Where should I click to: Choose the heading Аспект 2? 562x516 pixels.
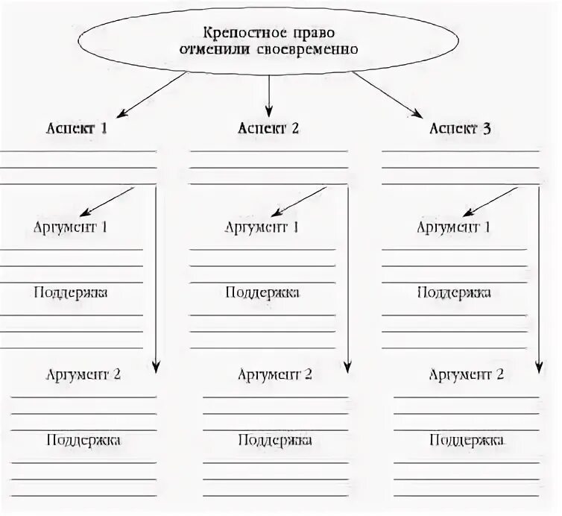(268, 128)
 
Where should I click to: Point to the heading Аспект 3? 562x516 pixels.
(460, 128)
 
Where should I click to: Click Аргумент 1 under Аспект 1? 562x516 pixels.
(71, 227)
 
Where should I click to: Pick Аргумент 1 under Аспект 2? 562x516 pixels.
(262, 227)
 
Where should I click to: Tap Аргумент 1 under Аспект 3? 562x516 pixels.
(453, 227)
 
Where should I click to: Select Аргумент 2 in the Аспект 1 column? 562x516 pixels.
(83, 374)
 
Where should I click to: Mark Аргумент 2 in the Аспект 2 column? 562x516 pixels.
(275, 374)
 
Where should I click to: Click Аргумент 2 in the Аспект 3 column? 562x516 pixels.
(466, 374)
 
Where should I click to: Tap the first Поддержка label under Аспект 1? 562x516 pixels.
(71, 292)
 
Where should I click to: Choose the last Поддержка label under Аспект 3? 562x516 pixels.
(466, 440)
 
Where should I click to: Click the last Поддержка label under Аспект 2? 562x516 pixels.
(275, 440)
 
